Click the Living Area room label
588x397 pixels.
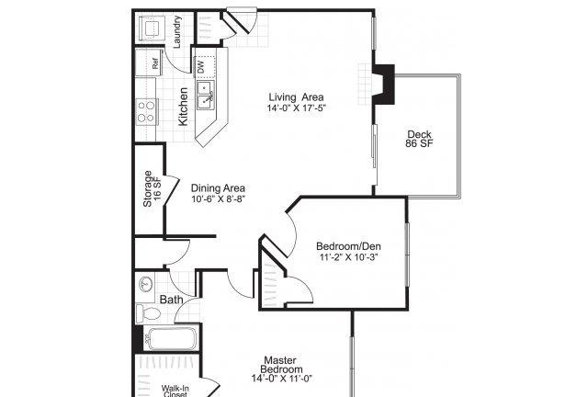(296, 97)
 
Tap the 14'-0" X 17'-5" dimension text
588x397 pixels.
(296, 108)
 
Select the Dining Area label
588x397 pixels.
(218, 188)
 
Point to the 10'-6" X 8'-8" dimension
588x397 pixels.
(218, 198)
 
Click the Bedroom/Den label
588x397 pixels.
(348, 246)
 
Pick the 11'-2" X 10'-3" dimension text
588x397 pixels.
(348, 257)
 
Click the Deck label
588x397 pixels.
(419, 134)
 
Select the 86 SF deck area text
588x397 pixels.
(419, 143)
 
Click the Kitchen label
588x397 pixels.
(183, 107)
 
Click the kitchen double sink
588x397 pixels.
(206, 96)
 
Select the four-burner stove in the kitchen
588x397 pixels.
(146, 112)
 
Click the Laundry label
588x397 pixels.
(177, 31)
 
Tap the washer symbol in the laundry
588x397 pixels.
(153, 28)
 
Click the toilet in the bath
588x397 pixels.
(148, 313)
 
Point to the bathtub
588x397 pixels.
(171, 339)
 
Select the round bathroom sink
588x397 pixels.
(145, 284)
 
